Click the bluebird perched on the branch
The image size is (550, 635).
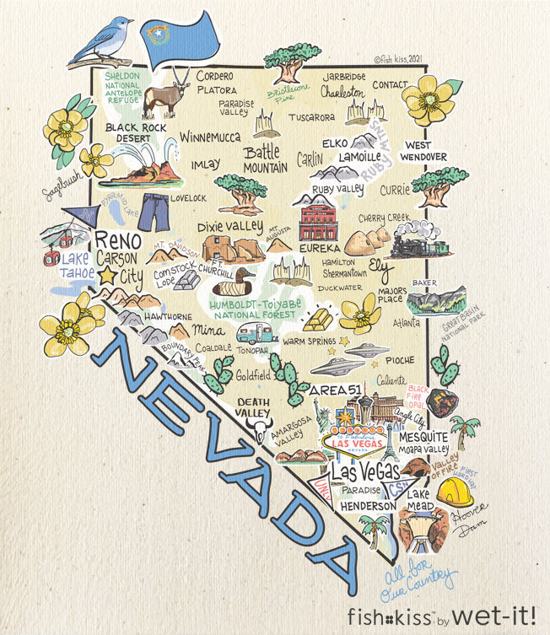tap(103, 40)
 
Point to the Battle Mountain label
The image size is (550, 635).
tap(266, 159)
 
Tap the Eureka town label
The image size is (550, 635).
tap(321, 249)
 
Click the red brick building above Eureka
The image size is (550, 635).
tap(318, 221)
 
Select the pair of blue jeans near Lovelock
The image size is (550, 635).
tap(154, 212)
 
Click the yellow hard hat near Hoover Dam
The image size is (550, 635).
tap(454, 492)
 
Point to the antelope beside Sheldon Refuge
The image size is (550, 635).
tap(175, 89)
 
